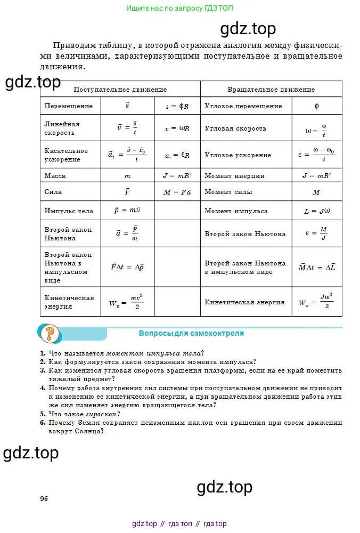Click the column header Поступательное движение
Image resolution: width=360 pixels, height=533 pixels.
[120, 90]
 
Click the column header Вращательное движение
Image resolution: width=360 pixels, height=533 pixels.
[271, 90]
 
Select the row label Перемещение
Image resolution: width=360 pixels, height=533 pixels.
[69, 106]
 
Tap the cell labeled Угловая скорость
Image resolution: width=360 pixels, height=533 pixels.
[235, 128]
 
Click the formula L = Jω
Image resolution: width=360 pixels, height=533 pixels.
[316, 212]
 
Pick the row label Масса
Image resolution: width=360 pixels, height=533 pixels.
[53, 175]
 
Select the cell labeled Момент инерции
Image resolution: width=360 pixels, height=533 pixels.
[234, 175]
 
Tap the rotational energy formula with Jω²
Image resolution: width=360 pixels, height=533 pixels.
[316, 303]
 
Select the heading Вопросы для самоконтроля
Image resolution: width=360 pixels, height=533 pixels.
[191, 334]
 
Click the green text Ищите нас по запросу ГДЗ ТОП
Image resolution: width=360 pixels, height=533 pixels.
[179, 9]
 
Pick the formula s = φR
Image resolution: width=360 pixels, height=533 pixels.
[177, 106]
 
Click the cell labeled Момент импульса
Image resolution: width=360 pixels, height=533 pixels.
[236, 211]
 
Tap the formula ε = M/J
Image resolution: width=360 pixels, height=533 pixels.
[316, 233]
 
